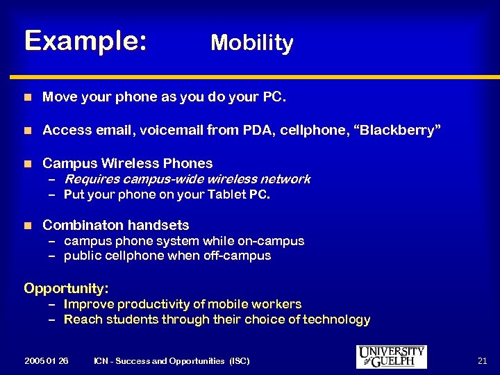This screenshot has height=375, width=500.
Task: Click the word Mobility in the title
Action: click(252, 43)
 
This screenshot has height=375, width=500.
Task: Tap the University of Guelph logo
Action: click(391, 356)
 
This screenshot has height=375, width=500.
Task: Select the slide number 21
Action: click(483, 360)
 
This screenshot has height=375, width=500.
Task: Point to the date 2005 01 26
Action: click(46, 361)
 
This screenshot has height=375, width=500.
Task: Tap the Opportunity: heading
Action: click(66, 287)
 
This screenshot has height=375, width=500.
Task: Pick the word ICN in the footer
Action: click(101, 361)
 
